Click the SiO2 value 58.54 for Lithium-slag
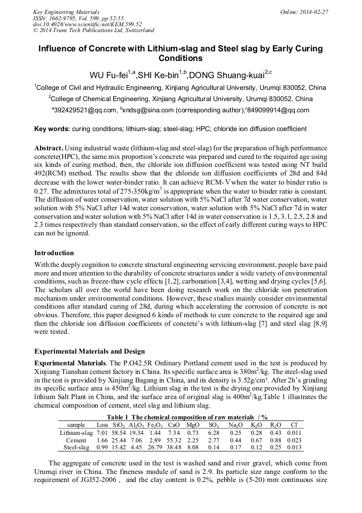120,432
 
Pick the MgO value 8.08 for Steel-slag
193,447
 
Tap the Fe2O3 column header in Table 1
155,425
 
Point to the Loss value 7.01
102,432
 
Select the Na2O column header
235,425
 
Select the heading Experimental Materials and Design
89,351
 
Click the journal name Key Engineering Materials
67,11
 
